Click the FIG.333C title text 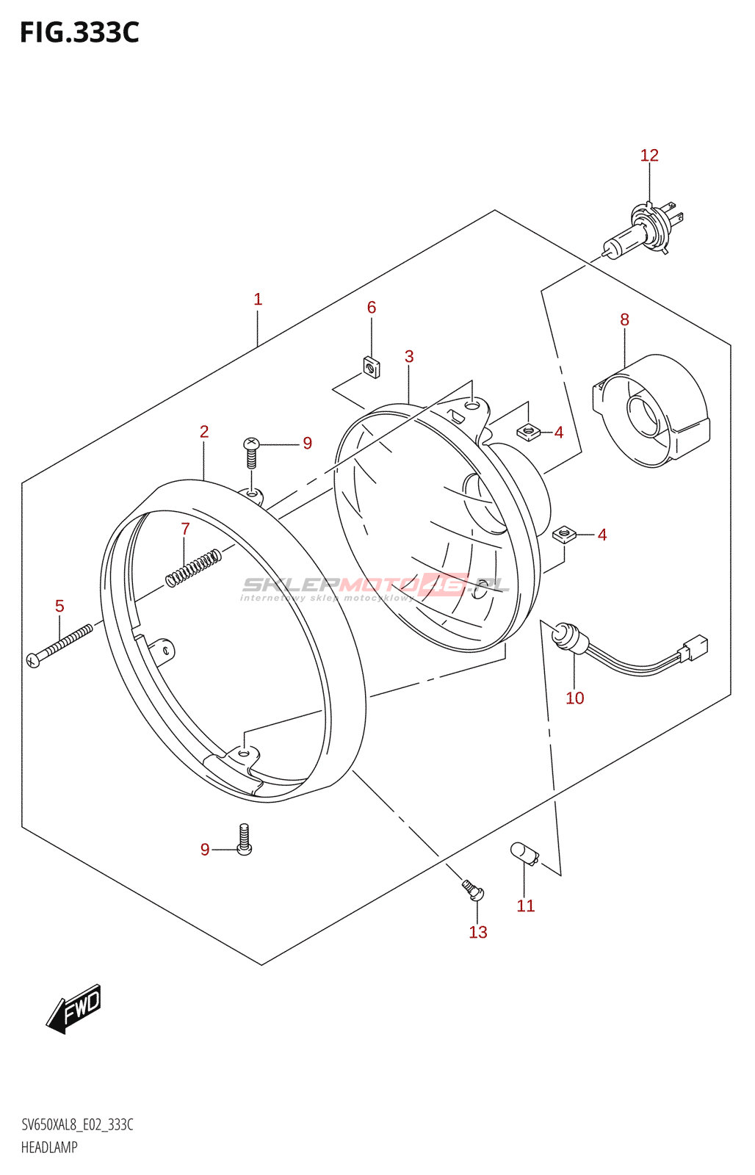pos(79,33)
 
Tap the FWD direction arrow pos(74,1008)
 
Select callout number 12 pos(649,156)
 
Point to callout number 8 pos(624,319)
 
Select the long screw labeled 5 pos(59,644)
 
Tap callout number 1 pos(258,300)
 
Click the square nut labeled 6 pos(371,366)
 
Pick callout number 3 pos(409,357)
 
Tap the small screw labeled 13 pos(473,891)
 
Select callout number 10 pos(574,698)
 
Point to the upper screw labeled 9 pos(251,452)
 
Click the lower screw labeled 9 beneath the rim pos(245,839)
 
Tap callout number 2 pos(204,432)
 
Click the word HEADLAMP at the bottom pos(49,1147)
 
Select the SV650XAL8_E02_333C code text pos(77,1125)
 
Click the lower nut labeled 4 pos(563,533)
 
